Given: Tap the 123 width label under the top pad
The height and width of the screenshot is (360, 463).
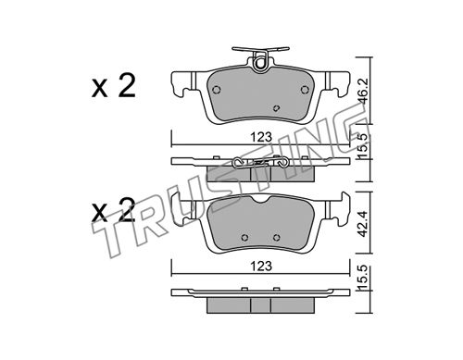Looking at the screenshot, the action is pyautogui.click(x=261, y=137).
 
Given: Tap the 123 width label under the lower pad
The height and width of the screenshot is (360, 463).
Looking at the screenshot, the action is pyautogui.click(x=261, y=266).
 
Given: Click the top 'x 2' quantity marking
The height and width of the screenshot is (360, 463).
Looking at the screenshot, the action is pyautogui.click(x=114, y=87).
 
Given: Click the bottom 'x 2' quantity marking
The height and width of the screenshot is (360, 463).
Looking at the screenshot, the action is pyautogui.click(x=114, y=210).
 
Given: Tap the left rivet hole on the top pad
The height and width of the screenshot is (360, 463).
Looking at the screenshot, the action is pyautogui.click(x=217, y=90).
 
